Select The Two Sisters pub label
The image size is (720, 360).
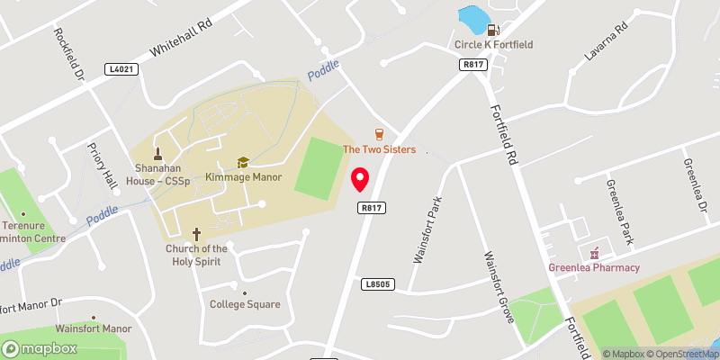pos(379,149)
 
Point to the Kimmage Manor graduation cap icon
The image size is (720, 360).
pos(242,162)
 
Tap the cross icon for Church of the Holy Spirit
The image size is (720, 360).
pos(196,232)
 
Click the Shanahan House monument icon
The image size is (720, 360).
pos(158,154)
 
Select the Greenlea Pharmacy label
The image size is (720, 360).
pos(594,267)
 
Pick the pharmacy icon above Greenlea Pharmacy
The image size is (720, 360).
pos(594,251)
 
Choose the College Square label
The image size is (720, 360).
pos(245,304)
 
